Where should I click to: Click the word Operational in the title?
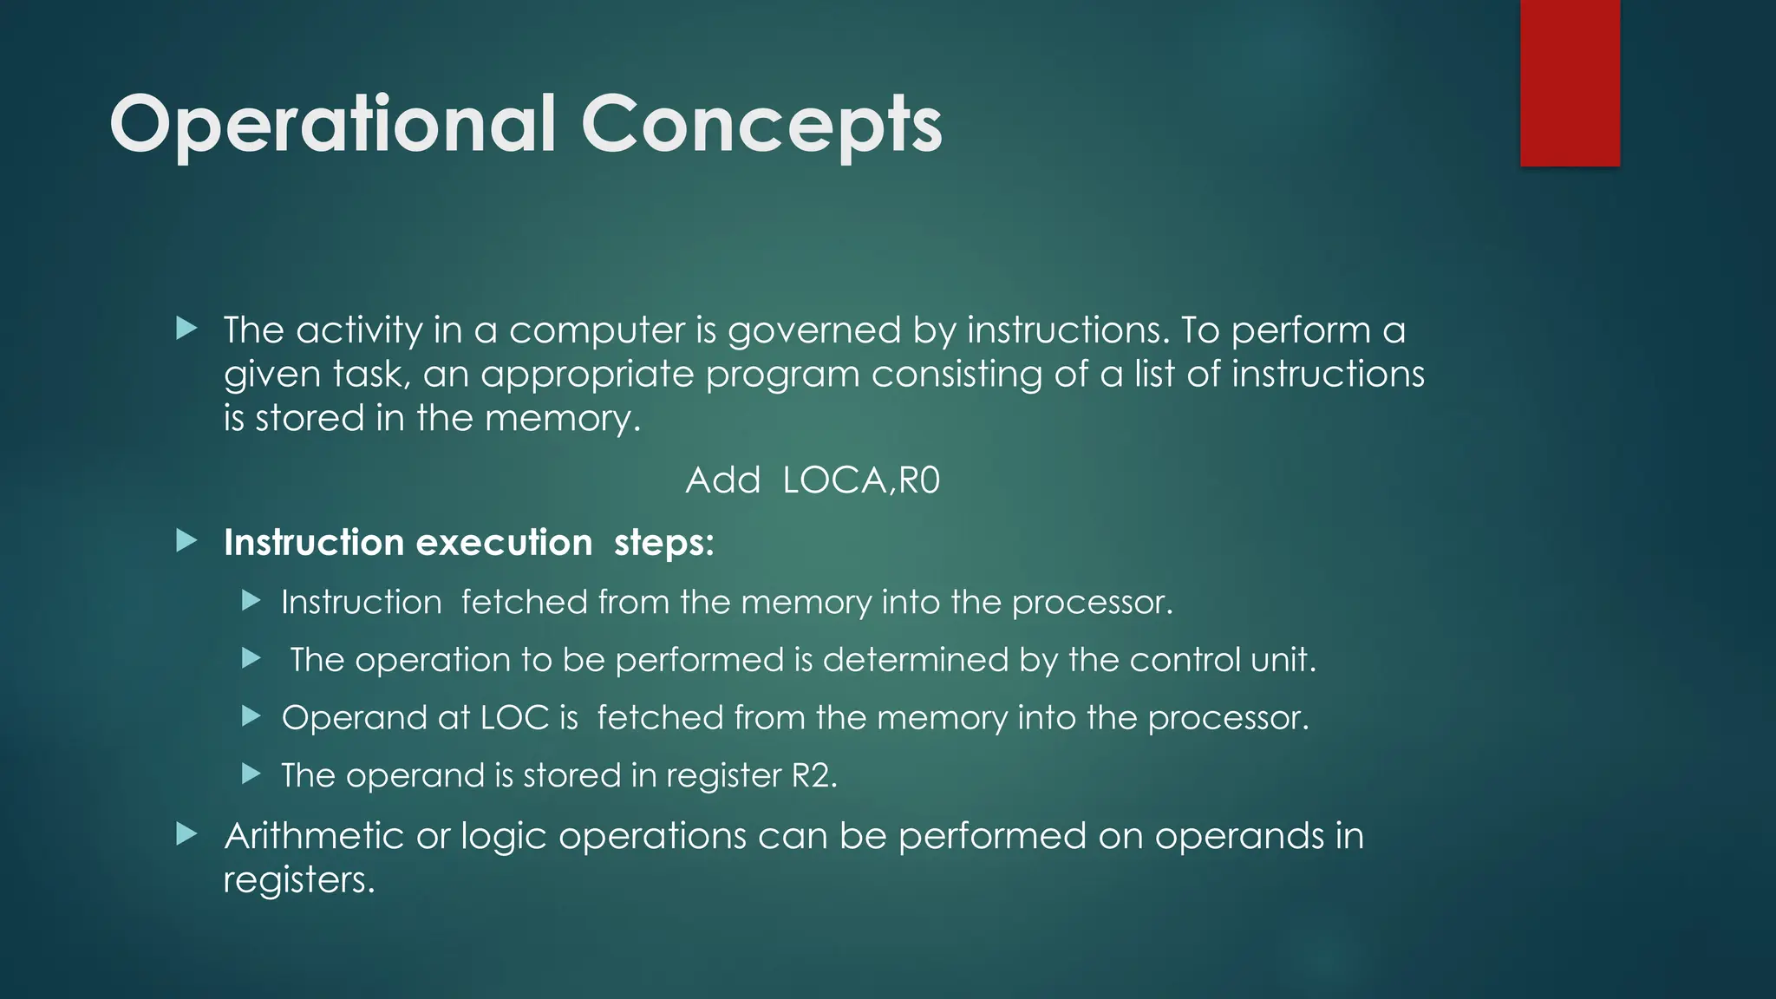click(x=332, y=126)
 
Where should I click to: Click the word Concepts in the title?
click(x=761, y=126)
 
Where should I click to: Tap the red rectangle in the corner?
click(x=1570, y=82)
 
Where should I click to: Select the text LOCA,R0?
click(x=860, y=480)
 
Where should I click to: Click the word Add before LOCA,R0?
click(x=722, y=480)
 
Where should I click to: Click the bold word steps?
click(x=663, y=543)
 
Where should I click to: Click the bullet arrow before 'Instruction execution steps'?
click(x=186, y=542)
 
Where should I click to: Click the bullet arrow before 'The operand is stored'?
click(x=251, y=774)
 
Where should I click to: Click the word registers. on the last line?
click(x=298, y=880)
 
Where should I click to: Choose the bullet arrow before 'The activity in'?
click(x=186, y=329)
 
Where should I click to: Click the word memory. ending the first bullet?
click(x=562, y=419)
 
